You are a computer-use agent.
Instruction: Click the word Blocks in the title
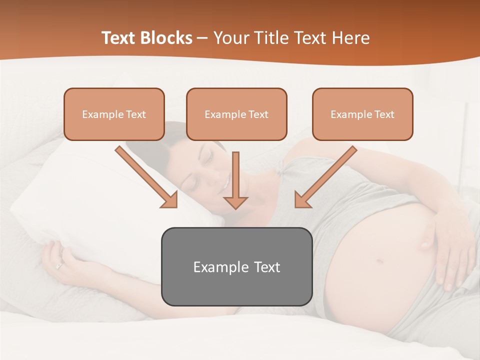point(167,38)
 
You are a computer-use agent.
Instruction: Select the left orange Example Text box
point(114,114)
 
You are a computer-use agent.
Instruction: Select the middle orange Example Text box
point(236,114)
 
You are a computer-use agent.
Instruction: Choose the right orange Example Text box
point(362,114)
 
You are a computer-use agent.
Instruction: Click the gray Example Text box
point(236,266)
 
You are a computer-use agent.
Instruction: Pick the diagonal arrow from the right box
point(325,177)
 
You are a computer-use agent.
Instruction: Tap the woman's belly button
point(379,261)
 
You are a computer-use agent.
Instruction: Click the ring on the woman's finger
point(59,265)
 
